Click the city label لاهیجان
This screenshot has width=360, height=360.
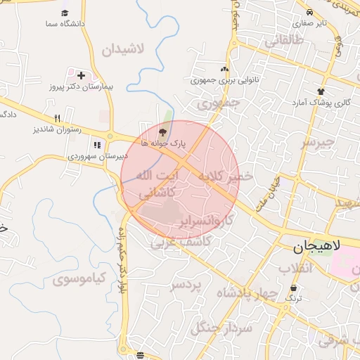pyautogui.click(x=326, y=247)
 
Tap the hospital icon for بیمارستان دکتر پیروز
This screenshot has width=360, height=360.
pyautogui.click(x=81, y=75)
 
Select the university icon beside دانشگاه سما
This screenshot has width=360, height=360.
pyautogui.click(x=65, y=13)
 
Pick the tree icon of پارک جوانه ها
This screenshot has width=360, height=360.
pyautogui.click(x=163, y=131)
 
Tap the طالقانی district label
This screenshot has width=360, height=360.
pyautogui.click(x=283, y=41)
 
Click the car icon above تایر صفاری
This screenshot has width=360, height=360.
pyautogui.click(x=310, y=13)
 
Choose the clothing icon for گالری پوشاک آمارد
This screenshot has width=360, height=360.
pyautogui.click(x=321, y=91)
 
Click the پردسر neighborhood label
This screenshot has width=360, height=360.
pyautogui.click(x=186, y=285)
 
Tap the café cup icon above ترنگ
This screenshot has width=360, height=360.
pyautogui.click(x=293, y=288)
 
